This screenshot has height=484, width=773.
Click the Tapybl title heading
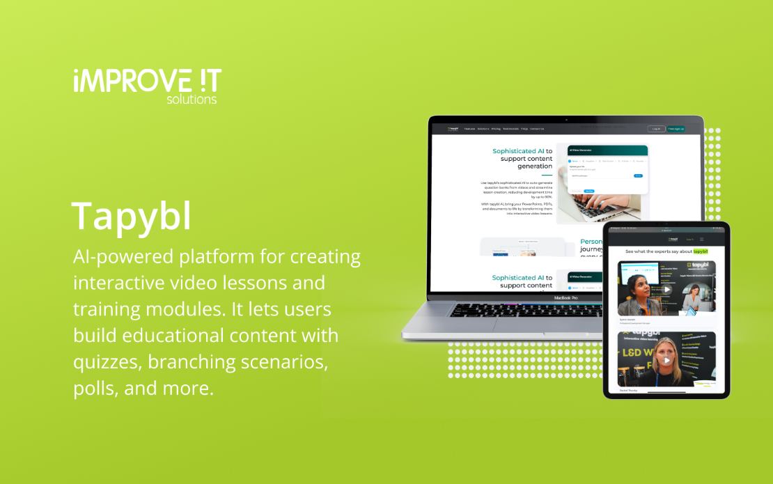click(x=131, y=217)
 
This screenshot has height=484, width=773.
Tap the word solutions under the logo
click(x=192, y=100)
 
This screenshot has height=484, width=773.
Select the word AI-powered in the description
click(x=121, y=257)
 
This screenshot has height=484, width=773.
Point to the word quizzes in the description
click(x=104, y=362)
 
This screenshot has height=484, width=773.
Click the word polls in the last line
click(x=95, y=389)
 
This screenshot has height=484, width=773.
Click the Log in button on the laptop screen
click(x=656, y=129)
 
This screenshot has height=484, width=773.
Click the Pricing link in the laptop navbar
click(x=496, y=129)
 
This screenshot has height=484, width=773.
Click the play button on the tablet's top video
click(x=666, y=290)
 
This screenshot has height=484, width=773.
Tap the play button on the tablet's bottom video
click(x=666, y=360)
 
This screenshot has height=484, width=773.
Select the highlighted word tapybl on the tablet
click(x=701, y=251)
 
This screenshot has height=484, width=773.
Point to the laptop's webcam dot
click(x=566, y=120)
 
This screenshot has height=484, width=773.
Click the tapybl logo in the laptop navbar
click(x=454, y=129)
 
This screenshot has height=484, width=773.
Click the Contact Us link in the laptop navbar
click(x=537, y=129)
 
